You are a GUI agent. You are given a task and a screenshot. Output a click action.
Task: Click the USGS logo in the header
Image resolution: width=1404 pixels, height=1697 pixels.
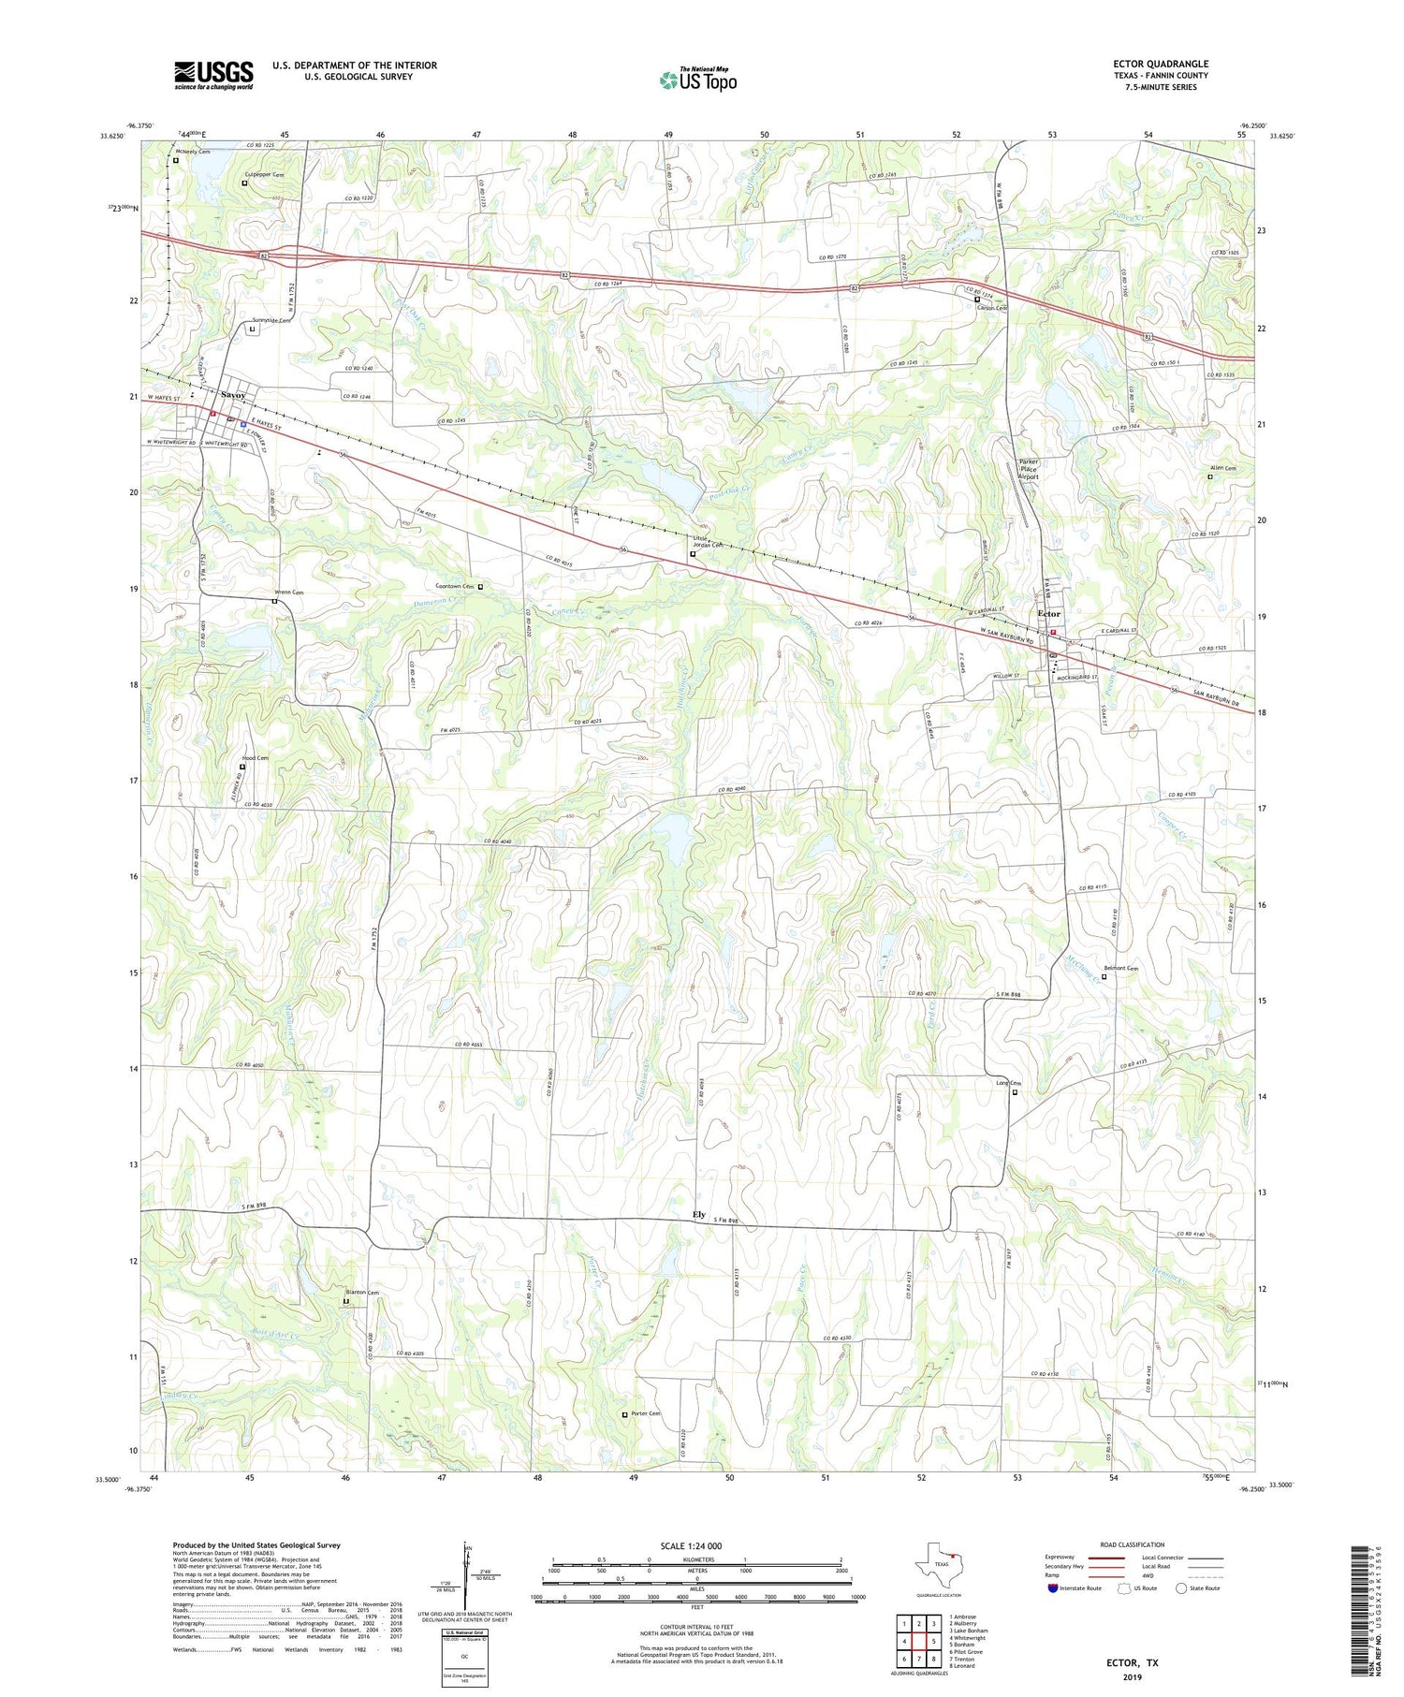[213, 75]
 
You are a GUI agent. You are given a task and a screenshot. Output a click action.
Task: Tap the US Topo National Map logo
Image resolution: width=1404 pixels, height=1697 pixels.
[697, 80]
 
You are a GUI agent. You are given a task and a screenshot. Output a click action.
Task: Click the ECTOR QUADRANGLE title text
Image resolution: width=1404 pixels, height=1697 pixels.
[1155, 65]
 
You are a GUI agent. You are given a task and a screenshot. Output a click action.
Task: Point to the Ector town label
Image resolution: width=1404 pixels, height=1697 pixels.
[1049, 614]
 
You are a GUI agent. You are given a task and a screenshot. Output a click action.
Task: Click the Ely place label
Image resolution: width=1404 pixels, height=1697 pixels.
[698, 1215]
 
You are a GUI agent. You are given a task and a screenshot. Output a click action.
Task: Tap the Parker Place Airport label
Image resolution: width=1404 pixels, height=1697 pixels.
[1029, 469]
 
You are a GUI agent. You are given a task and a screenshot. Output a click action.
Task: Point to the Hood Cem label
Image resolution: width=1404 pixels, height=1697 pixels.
[256, 758]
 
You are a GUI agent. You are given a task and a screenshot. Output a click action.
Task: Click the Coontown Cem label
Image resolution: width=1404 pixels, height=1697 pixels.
[455, 587]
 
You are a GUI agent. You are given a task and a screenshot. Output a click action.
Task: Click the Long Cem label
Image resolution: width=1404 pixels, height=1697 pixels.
[1007, 1083]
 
